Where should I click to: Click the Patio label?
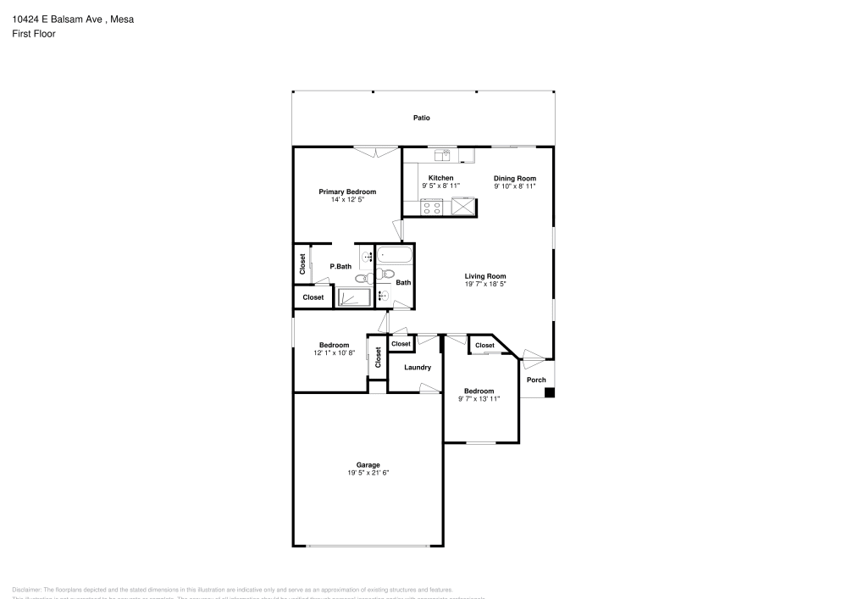(x=422, y=118)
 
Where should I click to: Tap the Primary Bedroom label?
(x=347, y=192)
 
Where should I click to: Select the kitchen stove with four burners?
(x=432, y=206)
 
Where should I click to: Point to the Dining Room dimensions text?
(x=515, y=186)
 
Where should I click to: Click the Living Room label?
(x=485, y=276)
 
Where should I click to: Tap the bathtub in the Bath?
(x=394, y=254)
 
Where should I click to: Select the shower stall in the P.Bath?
(x=354, y=297)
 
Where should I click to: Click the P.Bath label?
(x=340, y=267)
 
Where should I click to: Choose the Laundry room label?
(x=418, y=368)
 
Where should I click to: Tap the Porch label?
(x=537, y=380)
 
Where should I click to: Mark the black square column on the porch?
(x=550, y=392)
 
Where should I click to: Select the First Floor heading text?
(x=34, y=34)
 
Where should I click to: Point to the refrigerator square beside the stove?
(x=464, y=206)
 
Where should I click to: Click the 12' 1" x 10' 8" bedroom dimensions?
(x=335, y=352)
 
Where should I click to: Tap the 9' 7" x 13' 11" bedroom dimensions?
(x=479, y=398)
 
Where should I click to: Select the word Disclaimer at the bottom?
(x=27, y=590)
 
